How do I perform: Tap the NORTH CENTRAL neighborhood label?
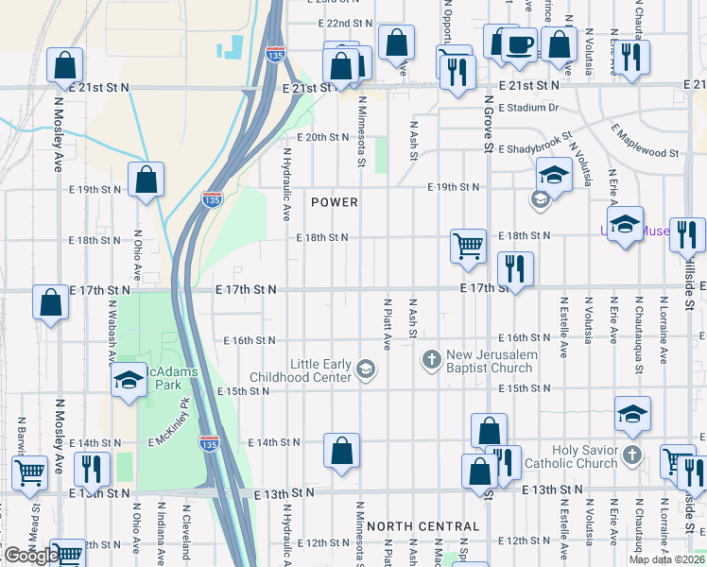click(423, 525)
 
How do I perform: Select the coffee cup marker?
click(519, 45)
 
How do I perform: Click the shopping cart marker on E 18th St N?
click(469, 246)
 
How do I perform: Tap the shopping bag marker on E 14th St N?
click(341, 451)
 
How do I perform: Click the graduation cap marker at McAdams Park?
click(129, 382)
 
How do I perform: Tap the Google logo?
click(30, 556)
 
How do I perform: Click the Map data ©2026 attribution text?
click(666, 559)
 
